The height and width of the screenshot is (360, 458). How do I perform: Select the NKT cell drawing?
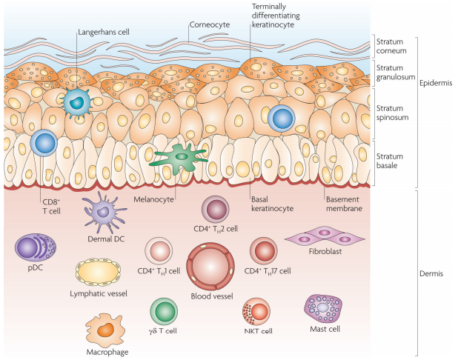[256, 310]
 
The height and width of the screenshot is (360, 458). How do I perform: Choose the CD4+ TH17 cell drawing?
[263, 251]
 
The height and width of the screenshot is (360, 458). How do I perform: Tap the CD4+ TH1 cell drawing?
[158, 252]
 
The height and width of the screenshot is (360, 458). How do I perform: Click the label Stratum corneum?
[390, 48]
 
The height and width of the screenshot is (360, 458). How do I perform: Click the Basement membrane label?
[344, 204]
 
